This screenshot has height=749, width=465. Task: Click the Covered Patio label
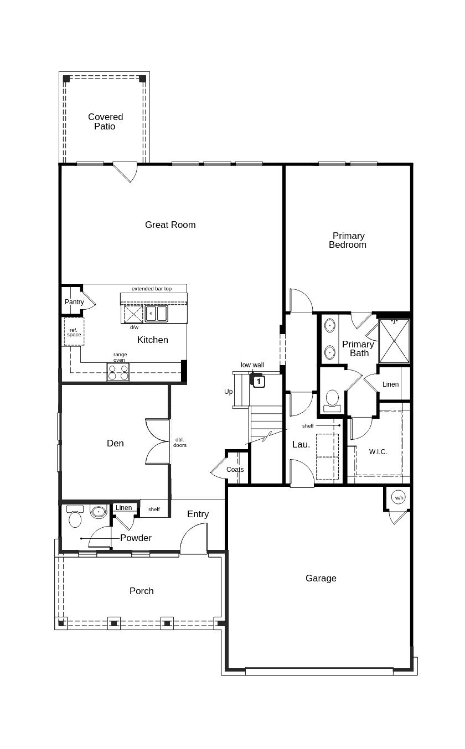tap(105, 122)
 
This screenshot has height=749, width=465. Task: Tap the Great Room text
tap(170, 225)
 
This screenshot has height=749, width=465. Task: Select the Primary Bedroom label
tap(348, 240)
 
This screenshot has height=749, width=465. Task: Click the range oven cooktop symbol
tap(118, 372)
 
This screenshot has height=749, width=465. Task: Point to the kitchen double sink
tap(156, 314)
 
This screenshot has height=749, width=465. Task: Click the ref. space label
tap(74, 332)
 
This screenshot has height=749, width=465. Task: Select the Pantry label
tap(74, 302)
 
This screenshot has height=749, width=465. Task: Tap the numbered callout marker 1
tap(259, 381)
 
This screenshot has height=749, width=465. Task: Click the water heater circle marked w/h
tap(399, 498)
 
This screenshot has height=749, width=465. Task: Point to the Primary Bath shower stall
tap(394, 340)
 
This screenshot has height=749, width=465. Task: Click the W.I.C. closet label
tap(378, 452)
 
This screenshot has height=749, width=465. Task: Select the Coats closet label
tap(235, 470)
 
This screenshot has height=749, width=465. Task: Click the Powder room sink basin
tap(99, 512)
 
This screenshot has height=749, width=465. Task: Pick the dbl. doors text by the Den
tap(179, 442)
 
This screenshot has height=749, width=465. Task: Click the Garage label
tap(321, 578)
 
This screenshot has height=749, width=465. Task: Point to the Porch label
tap(141, 591)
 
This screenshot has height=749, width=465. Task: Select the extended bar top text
tap(151, 289)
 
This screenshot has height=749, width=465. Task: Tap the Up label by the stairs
tap(228, 392)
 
